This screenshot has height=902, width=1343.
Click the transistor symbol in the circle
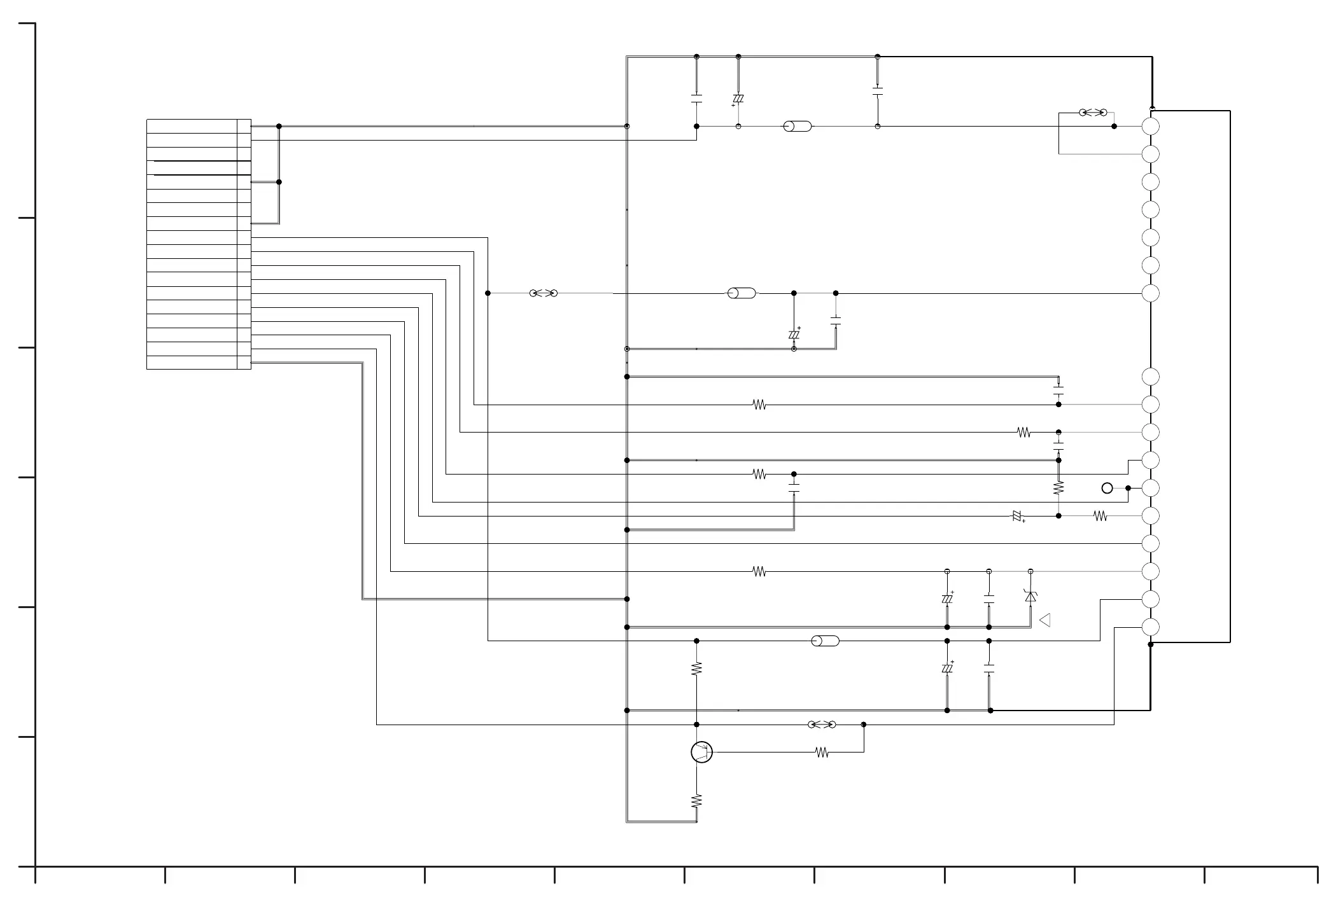coord(701,752)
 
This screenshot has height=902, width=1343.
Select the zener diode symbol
coord(1030,596)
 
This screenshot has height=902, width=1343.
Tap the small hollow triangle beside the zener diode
coord(1044,620)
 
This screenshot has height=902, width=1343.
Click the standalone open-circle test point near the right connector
coord(1107,488)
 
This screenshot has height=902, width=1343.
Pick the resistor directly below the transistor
coord(696,801)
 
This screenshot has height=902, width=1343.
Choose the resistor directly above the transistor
coord(696,669)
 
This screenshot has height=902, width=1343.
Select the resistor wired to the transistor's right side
coord(822,753)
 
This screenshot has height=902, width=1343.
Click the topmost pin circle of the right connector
coord(1150,126)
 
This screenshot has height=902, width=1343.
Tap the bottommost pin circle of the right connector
coord(1150,627)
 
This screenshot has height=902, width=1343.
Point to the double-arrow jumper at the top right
coord(1093,113)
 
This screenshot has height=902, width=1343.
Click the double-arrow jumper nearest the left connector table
coord(544,293)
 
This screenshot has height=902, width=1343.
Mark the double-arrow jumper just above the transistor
coord(822,725)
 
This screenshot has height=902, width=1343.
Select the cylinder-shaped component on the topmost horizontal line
coord(798,126)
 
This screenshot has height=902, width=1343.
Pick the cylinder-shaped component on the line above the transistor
coord(826,641)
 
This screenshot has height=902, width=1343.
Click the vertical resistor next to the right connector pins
coord(1058,488)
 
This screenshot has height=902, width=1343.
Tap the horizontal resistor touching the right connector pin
coord(1100,516)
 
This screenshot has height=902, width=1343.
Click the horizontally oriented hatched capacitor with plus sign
coord(1017,516)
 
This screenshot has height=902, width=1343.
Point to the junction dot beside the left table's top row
coord(279,126)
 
